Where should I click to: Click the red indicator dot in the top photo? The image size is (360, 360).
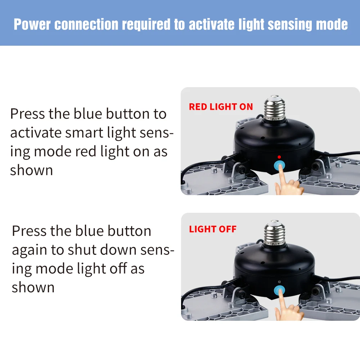click(279, 157)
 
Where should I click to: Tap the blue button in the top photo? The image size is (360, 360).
click(279, 166)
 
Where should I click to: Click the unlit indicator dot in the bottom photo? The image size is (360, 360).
click(279, 282)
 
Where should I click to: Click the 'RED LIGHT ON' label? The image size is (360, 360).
click(221, 107)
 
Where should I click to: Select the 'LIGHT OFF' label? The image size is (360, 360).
click(212, 230)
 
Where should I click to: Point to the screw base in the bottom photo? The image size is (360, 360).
click(275, 234)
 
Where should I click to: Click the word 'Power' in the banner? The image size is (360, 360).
click(32, 24)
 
